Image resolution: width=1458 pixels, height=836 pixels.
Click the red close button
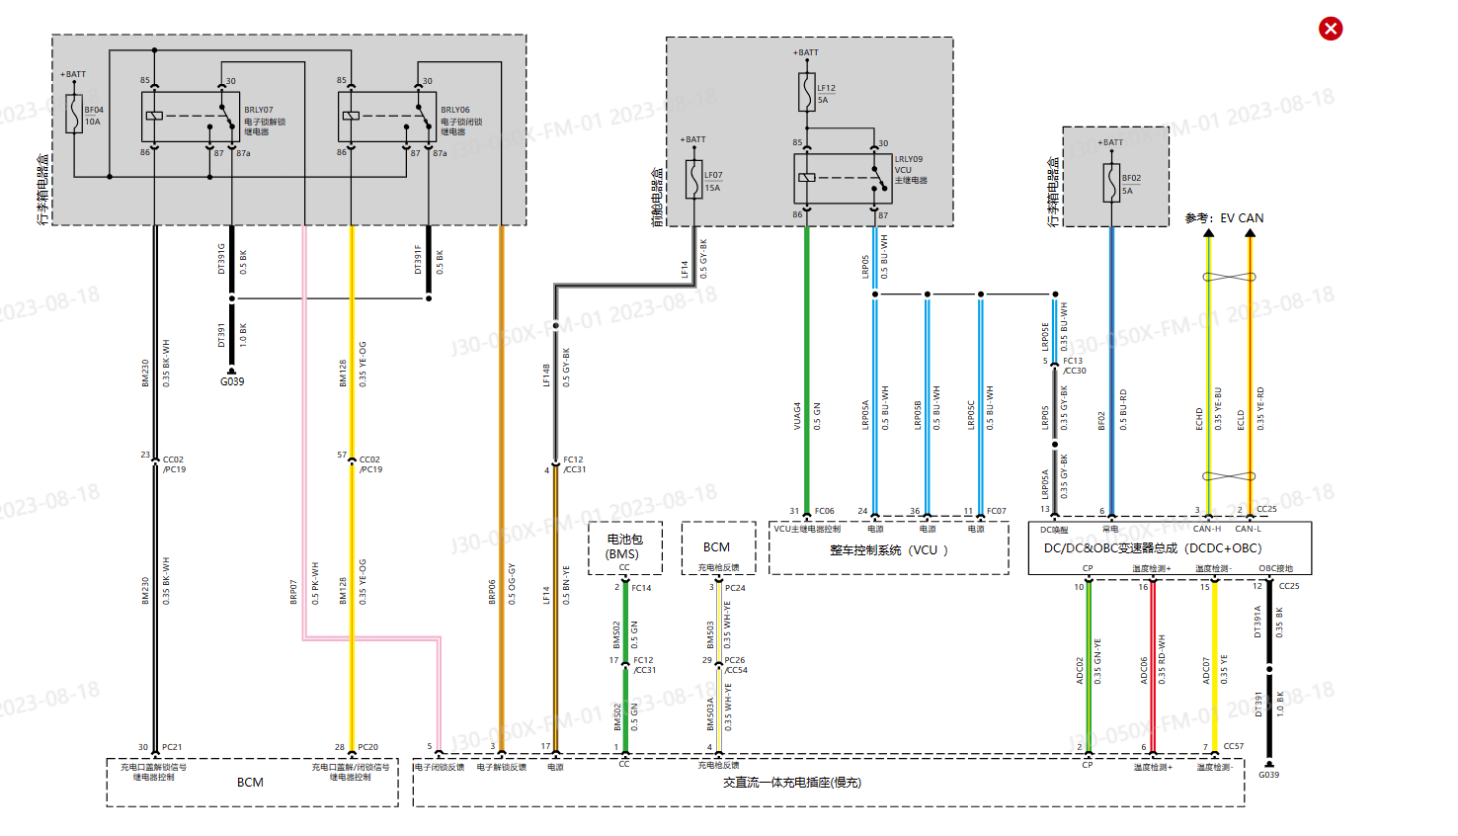tap(1331, 29)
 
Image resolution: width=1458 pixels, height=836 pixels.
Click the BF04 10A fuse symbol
tap(73, 115)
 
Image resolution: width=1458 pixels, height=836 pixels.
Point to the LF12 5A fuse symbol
tap(807, 93)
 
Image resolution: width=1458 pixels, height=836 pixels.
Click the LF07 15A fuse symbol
tap(694, 180)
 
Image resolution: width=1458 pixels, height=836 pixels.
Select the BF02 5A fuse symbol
tap(1111, 183)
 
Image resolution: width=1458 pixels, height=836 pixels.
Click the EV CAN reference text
tap(1224, 218)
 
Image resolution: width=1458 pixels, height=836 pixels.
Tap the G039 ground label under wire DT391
tap(232, 381)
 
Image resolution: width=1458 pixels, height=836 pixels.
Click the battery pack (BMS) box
tap(623, 547)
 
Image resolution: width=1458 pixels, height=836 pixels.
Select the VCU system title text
tap(888, 550)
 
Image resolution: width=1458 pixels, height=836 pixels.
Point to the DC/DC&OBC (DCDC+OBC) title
tap(1153, 548)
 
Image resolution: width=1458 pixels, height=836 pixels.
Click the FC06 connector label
tap(824, 511)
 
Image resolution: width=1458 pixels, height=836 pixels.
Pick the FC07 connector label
tap(996, 511)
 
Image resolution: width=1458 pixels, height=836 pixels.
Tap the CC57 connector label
tap(1233, 747)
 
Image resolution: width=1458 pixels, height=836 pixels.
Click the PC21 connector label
tap(172, 747)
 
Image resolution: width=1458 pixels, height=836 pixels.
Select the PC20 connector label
tap(367, 747)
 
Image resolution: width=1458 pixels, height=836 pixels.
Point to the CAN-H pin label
tap(1206, 529)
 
